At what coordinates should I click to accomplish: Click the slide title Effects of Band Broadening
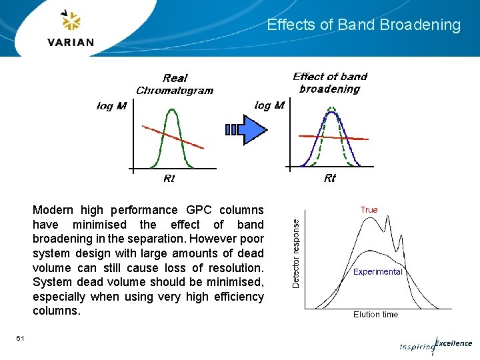point(363,25)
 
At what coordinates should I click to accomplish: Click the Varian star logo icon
point(70,22)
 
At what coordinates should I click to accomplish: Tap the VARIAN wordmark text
point(71,43)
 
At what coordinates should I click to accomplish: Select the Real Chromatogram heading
point(175,84)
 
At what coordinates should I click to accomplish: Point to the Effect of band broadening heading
point(330,83)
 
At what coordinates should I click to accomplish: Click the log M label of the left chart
point(111,106)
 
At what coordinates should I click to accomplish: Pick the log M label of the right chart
point(269,105)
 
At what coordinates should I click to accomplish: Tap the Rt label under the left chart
point(169,179)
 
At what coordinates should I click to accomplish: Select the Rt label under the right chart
point(330,178)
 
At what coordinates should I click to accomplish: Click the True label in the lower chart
point(369,210)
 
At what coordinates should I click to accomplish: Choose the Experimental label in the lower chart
point(377,272)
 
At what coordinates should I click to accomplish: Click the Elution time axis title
point(375,315)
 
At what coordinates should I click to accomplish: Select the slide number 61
point(21,339)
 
